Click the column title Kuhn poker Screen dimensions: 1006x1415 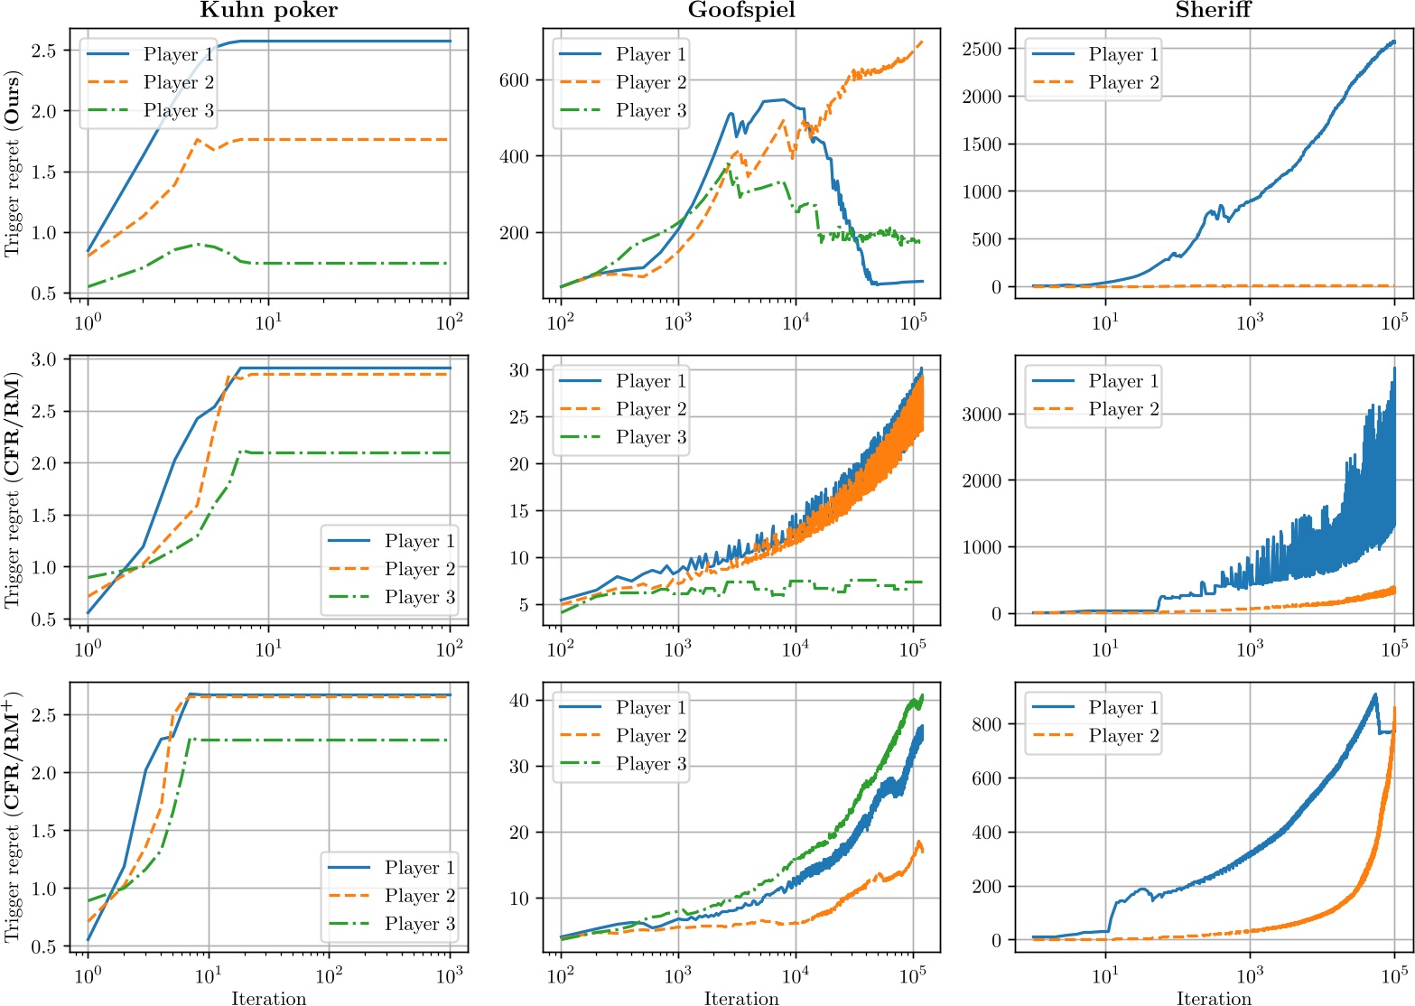click(x=268, y=11)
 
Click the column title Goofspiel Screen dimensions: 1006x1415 click(x=741, y=11)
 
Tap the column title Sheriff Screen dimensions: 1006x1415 click(x=1214, y=11)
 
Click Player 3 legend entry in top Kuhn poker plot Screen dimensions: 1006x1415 click(x=178, y=110)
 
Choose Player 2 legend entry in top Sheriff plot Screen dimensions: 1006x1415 click(x=1123, y=82)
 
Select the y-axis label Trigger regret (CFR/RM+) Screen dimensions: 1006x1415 click(x=12, y=817)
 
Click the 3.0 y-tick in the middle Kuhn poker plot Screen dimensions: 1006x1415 click(x=43, y=359)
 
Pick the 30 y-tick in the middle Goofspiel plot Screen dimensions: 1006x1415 click(x=520, y=370)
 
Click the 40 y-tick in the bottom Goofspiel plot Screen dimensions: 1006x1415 click(x=520, y=700)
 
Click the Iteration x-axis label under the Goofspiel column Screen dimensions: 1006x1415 click(x=741, y=998)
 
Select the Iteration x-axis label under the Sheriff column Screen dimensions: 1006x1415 click(x=1214, y=998)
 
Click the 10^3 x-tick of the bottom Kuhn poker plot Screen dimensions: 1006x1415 click(x=450, y=976)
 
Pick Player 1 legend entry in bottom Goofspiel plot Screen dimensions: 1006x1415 click(x=650, y=708)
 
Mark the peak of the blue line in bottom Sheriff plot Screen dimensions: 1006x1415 click(x=1374, y=694)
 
